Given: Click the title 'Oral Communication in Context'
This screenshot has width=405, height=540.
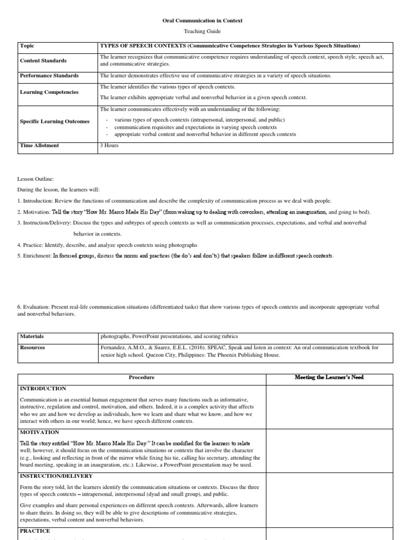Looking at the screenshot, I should [x=202, y=21].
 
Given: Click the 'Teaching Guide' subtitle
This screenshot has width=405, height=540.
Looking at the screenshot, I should [x=202, y=32].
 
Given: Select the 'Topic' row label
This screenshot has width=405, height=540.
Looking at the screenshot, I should [x=27, y=46].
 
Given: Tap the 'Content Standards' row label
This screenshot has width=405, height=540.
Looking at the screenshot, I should [x=43, y=60].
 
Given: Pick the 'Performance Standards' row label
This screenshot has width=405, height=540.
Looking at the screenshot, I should [x=49, y=75].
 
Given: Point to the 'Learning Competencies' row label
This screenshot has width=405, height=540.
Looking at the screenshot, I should [x=49, y=92].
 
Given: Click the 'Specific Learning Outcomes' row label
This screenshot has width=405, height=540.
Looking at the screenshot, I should [x=54, y=121].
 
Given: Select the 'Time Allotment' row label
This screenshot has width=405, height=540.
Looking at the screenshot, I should [x=39, y=145].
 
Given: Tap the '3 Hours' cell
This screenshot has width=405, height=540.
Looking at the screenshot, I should [x=109, y=145].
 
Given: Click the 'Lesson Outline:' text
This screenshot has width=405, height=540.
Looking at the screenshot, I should [x=35, y=179].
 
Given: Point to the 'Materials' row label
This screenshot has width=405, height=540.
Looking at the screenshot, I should [x=32, y=336].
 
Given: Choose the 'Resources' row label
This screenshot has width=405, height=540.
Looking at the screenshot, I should [x=32, y=348].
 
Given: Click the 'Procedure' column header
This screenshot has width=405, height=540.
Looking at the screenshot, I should [x=142, y=378].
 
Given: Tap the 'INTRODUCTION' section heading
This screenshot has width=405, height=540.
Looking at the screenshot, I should [x=43, y=388].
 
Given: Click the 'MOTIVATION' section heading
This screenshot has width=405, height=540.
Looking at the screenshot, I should [x=40, y=432].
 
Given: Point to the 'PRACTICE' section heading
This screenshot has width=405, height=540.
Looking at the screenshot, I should [x=35, y=531].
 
